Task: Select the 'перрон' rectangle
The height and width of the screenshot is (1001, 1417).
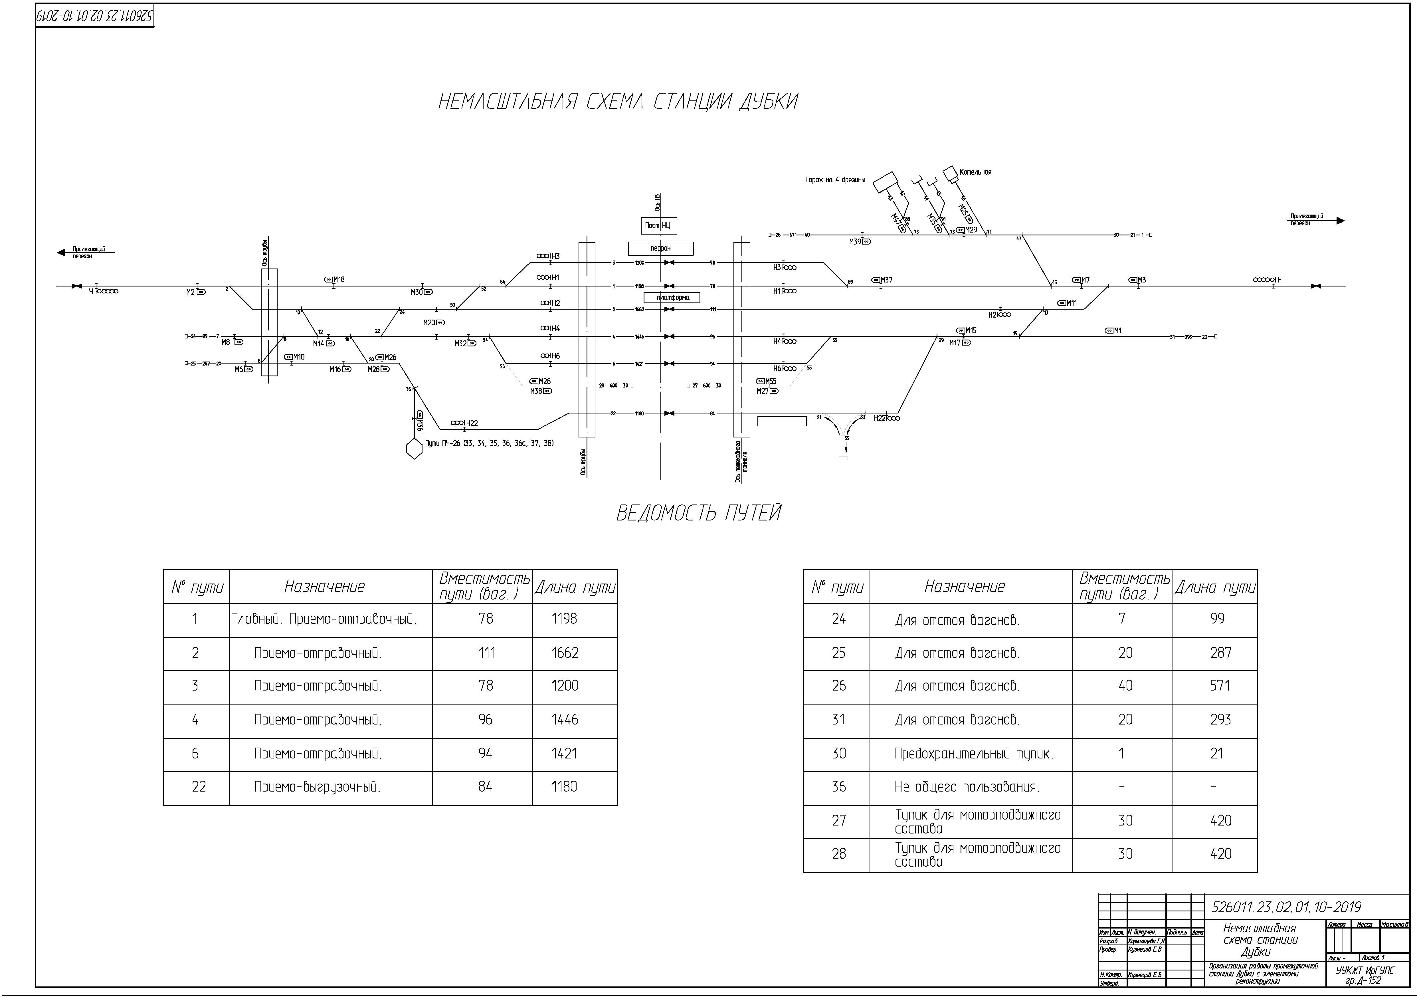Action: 660,248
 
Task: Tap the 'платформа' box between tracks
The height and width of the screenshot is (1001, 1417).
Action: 673,297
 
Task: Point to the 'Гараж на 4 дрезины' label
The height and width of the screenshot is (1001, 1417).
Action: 834,180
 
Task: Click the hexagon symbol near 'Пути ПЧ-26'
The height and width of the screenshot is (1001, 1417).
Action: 413,449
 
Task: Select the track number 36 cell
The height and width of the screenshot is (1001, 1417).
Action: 838,787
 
